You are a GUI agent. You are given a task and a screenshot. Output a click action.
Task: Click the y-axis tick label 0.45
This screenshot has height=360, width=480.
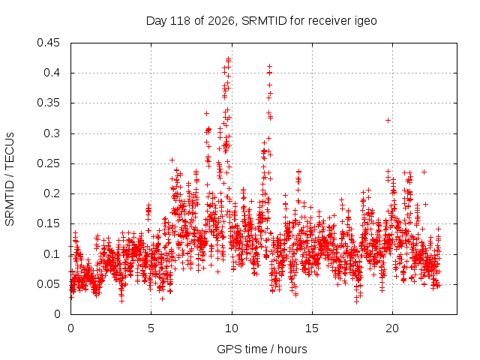48,43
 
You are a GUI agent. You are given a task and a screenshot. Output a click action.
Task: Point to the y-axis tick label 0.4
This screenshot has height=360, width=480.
52,73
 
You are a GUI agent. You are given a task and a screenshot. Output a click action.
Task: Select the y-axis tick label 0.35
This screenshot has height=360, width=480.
48,103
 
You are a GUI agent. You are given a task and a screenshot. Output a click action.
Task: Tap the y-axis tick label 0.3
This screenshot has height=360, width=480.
52,133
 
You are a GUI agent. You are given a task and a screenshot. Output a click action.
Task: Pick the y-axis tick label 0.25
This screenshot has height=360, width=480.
48,163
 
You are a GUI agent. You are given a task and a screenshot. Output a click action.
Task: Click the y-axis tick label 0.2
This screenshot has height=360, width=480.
52,193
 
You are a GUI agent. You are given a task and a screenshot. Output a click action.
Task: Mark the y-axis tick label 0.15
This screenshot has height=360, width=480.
48,223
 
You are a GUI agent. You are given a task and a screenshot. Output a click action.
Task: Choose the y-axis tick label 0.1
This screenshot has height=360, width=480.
52,254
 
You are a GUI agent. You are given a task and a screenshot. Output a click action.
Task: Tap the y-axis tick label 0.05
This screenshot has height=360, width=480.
48,284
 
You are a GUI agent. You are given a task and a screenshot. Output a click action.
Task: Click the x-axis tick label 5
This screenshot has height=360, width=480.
151,328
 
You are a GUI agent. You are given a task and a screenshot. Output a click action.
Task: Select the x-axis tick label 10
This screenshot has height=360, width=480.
232,328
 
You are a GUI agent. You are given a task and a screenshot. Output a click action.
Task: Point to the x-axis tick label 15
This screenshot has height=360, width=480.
312,328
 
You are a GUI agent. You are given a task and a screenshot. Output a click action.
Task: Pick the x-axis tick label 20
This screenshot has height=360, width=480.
392,328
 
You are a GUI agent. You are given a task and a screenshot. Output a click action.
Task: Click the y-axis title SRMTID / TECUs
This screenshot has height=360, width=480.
10,179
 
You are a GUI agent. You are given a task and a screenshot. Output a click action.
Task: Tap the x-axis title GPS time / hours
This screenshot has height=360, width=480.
262,349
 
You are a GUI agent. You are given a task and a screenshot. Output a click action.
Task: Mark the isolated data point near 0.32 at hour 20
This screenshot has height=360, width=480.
388,120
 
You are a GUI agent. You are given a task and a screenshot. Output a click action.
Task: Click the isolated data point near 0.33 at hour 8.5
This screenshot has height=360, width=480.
206,113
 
